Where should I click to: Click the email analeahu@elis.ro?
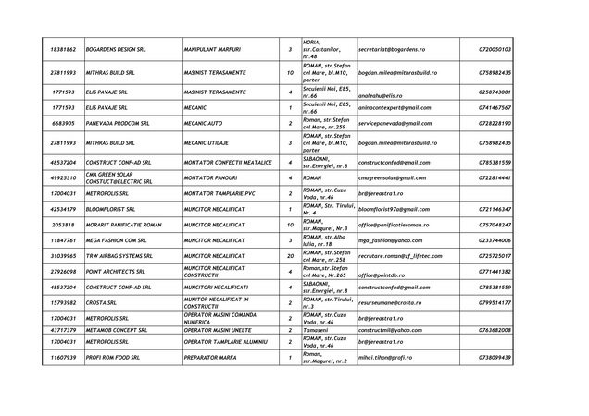pyautogui.click(x=381, y=92)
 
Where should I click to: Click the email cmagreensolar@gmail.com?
pyautogui.click(x=393, y=177)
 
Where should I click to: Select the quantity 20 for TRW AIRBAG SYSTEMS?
pyautogui.click(x=290, y=255)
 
